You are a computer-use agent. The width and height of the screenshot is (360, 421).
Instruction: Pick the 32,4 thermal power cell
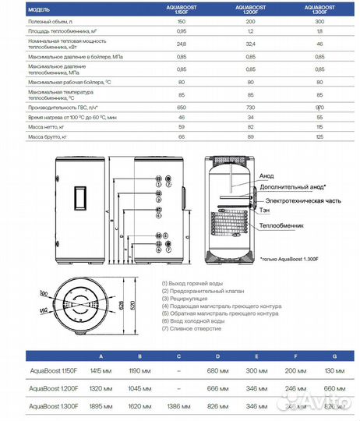pos(250,46)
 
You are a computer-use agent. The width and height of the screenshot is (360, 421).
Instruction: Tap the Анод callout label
pos(267,175)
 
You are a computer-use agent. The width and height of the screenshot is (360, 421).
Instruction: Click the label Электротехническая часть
pos(295,200)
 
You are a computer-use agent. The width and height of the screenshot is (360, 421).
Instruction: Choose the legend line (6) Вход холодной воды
pos(193,321)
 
